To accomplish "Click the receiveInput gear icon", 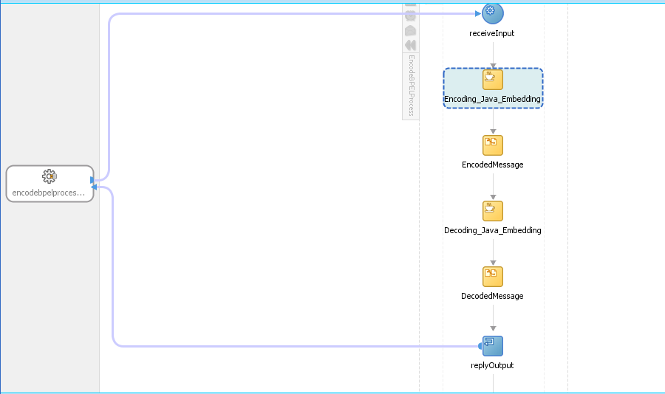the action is coord(492,13).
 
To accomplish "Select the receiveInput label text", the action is coord(491,33).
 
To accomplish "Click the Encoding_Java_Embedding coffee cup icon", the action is coord(492,79).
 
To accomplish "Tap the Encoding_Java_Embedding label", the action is coord(492,99).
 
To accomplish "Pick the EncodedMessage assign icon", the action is coord(492,145).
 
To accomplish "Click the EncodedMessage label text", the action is coord(492,165).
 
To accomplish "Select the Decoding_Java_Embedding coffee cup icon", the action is coord(492,211).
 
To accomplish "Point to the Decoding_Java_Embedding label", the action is coord(492,230).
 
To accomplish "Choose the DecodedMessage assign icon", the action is coord(492,277).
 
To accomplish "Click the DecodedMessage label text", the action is coord(492,296).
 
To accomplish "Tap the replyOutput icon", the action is coord(492,346).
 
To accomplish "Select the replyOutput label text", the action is coord(492,366).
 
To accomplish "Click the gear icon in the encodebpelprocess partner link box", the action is coord(50,176).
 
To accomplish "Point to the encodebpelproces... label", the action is coord(48,193).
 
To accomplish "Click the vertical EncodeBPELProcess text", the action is coord(411,85).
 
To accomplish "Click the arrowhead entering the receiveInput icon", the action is coord(478,13).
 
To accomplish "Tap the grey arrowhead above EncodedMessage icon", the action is coord(493,131).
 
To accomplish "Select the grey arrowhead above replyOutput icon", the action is coord(493,328).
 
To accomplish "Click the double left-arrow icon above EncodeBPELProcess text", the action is coord(411,45).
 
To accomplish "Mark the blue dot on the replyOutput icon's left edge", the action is coord(480,346).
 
